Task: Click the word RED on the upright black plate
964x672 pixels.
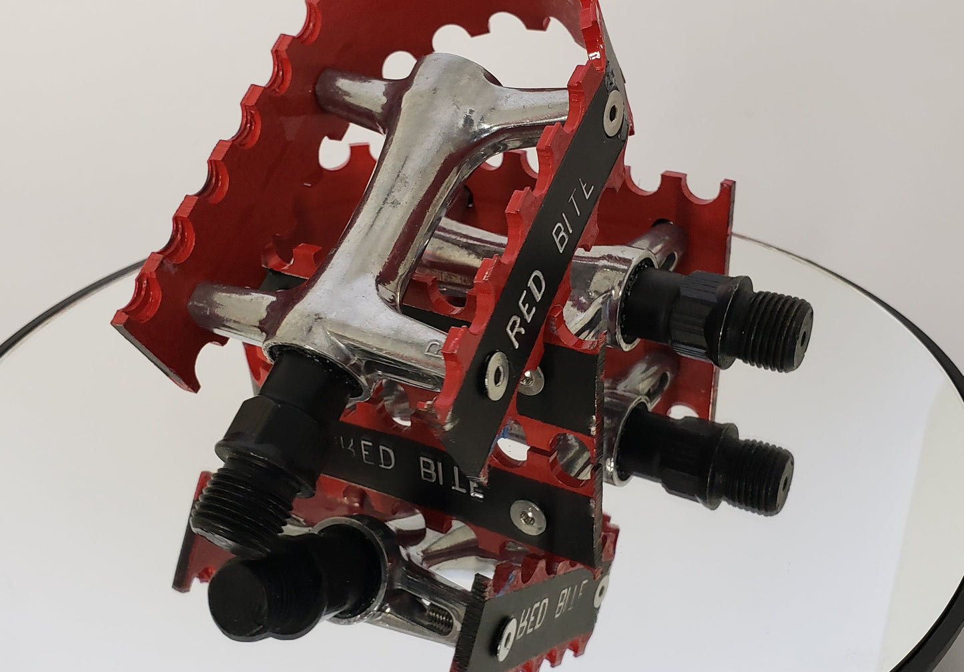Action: pos(525,309)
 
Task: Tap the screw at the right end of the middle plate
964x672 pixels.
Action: pos(528,517)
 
